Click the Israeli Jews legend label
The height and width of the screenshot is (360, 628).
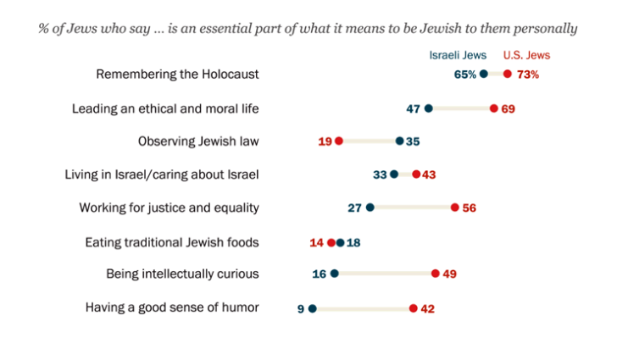tap(458, 55)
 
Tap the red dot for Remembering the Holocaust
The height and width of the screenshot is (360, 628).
tap(508, 75)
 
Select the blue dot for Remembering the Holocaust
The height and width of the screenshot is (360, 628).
tap(484, 75)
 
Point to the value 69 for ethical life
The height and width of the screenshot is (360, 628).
tap(509, 108)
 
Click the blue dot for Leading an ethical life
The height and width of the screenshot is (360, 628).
tap(429, 108)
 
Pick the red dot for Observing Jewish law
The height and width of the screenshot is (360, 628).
tap(339, 141)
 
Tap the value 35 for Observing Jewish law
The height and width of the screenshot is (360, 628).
tap(413, 141)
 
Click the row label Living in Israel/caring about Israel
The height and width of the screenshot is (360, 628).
tap(162, 174)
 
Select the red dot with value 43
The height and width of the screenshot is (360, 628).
tap(416, 174)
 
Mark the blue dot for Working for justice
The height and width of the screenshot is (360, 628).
tap(370, 208)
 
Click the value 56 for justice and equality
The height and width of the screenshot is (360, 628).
tap(470, 208)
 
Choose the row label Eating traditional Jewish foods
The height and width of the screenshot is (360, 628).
tap(172, 242)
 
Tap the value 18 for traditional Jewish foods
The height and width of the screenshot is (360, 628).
tap(354, 242)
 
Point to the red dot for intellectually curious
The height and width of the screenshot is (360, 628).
tap(436, 274)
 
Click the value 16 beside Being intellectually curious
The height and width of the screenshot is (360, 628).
tap(320, 274)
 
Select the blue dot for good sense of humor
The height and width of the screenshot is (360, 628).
tap(313, 308)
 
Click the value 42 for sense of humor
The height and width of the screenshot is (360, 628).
tap(428, 308)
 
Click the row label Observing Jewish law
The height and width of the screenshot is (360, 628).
tap(198, 141)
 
